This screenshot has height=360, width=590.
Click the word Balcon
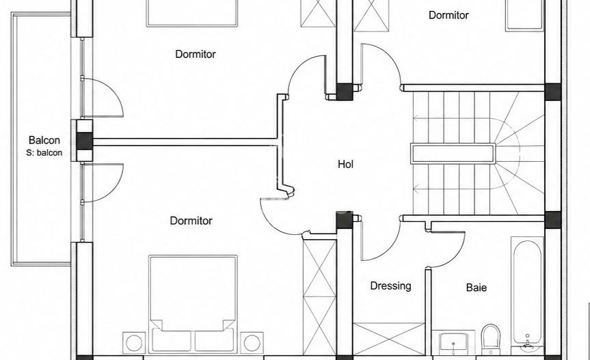[44, 140]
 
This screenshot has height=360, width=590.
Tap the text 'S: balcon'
[44, 153]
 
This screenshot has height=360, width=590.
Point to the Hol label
[345, 164]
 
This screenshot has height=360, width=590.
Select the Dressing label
[390, 286]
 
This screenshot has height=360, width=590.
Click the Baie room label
[477, 288]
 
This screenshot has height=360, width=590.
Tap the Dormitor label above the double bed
[191, 221]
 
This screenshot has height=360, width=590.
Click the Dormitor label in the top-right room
[448, 15]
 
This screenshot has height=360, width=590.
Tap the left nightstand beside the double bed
[134, 343]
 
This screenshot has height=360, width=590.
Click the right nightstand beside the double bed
[252, 343]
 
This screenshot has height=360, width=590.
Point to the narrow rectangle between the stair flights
[453, 154]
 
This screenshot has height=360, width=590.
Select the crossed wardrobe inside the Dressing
[389, 339]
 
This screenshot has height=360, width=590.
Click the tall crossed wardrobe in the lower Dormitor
[319, 297]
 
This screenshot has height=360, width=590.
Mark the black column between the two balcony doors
[84, 141]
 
